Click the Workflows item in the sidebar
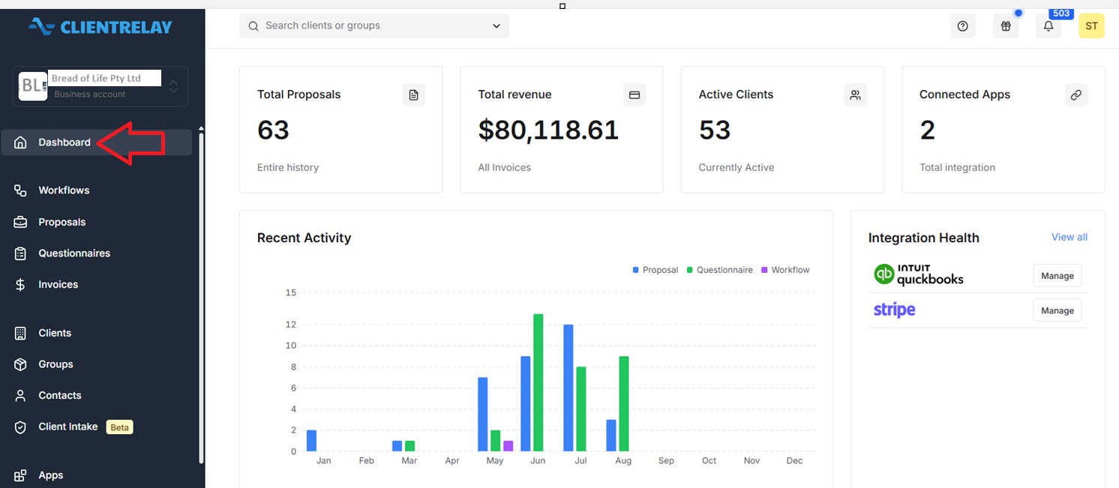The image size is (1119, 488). click(x=64, y=190)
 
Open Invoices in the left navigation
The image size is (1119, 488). click(x=58, y=284)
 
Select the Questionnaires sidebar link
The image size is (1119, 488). click(x=74, y=253)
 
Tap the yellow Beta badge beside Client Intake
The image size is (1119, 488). click(x=119, y=427)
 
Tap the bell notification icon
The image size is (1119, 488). click(x=1048, y=26)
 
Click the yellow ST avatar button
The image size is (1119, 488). click(x=1091, y=26)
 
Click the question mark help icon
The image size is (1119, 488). click(x=963, y=26)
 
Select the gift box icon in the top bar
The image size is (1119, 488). click(x=1006, y=26)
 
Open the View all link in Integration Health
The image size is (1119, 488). click(x=1069, y=238)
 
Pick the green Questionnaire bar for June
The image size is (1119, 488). click(x=538, y=382)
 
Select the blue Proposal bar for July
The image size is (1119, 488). click(x=568, y=388)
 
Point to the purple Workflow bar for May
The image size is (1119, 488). click(x=508, y=446)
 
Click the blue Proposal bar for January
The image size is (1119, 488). click(x=311, y=441)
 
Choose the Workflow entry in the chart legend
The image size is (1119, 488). click(x=785, y=270)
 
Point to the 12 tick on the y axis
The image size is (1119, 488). click(x=291, y=325)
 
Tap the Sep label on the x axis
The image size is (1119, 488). click(x=666, y=460)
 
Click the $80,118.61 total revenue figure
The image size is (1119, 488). click(x=548, y=130)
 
